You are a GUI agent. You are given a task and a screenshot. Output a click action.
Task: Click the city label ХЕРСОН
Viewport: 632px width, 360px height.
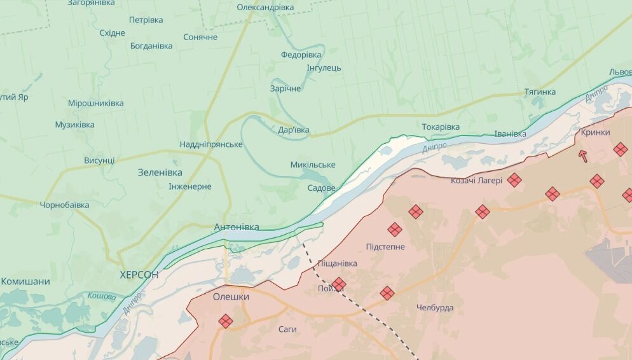139,274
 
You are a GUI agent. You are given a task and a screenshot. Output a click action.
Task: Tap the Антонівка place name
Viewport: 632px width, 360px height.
236,227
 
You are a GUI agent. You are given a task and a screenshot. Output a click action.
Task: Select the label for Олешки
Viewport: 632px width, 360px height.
231,296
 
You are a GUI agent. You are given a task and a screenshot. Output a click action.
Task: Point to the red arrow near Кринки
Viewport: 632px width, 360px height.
583,156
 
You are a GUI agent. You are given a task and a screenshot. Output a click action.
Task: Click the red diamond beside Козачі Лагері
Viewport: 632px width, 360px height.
514,181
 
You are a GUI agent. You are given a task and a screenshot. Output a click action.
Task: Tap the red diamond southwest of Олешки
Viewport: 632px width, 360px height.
226,321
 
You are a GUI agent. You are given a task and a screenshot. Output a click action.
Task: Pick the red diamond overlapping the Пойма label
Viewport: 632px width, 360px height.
339,284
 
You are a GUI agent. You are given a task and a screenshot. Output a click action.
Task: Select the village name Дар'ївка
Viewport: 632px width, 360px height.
294,130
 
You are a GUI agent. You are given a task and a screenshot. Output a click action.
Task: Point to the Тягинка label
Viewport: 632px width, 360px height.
540,92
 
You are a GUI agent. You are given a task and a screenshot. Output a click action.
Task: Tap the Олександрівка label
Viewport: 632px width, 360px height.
265,7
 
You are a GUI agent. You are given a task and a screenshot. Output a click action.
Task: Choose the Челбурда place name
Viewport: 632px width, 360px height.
435,307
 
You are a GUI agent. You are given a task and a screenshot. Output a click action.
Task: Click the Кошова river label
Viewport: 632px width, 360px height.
102,296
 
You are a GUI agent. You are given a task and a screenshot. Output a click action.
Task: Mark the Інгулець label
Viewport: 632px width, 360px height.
324,67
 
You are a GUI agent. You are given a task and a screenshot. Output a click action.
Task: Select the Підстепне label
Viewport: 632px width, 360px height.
385,246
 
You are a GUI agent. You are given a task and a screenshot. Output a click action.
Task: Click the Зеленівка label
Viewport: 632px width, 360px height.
160,172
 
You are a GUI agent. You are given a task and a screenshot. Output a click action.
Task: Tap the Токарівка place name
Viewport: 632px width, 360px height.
440,127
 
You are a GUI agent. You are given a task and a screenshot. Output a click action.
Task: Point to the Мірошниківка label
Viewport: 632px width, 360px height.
96,102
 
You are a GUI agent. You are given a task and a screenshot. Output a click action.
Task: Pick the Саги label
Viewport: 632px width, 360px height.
287,329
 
